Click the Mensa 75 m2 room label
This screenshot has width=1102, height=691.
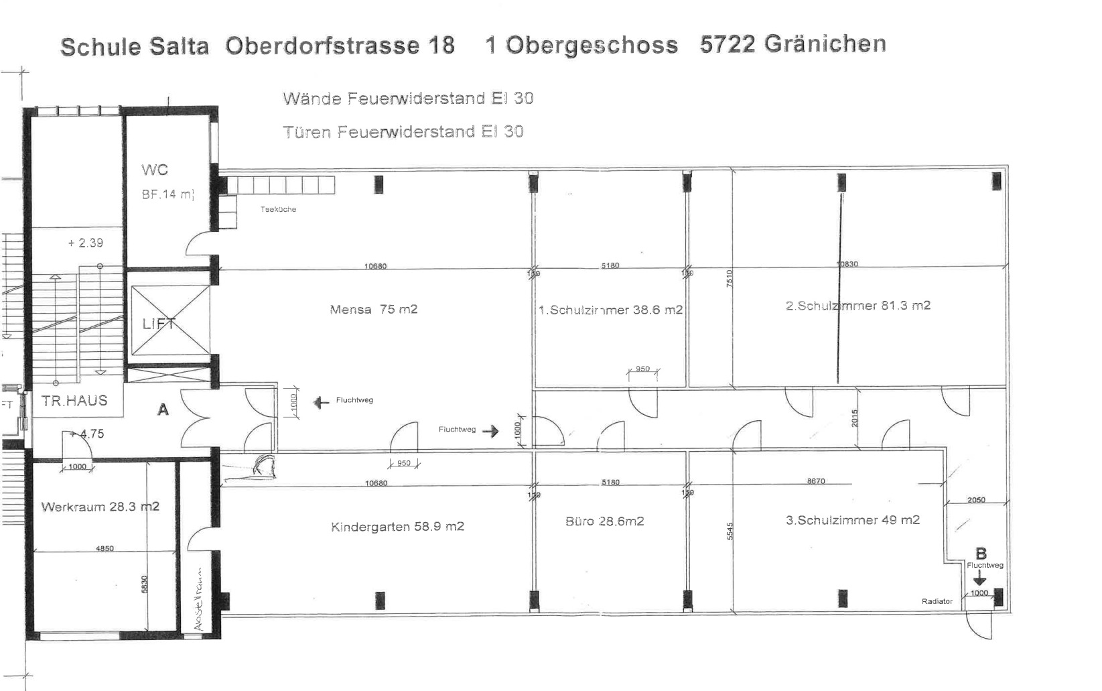coord(373,310)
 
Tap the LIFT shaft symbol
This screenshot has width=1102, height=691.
coord(170,321)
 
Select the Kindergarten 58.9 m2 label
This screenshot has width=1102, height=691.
coord(397,527)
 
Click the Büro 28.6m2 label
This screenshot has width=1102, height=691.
coord(604,521)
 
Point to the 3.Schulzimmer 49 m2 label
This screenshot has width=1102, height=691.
coord(852,520)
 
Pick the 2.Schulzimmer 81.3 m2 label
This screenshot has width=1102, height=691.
coord(857,306)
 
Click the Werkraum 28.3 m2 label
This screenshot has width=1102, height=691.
coord(100,507)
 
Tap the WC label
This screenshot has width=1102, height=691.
coord(154,170)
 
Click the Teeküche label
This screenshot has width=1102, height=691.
coord(278,210)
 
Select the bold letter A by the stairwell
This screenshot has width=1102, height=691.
coord(163,410)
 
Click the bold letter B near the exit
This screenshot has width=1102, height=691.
coord(981,554)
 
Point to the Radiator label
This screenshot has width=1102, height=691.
coord(937,601)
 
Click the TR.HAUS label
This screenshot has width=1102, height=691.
coord(74,401)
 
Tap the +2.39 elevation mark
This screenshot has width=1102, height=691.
coord(86,243)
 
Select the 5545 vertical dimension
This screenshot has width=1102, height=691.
coord(730,531)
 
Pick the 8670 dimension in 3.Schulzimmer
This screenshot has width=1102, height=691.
coord(816,481)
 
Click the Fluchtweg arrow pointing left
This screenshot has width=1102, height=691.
coord(322,402)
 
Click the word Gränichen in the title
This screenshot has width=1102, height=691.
coord(825,44)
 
